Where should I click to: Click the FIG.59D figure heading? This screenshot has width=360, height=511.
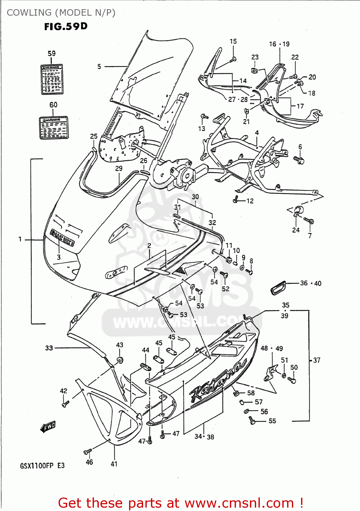[x=66, y=27]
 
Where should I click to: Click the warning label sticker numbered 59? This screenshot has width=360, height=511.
[x=52, y=79]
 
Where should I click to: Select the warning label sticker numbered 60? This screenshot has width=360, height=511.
[x=54, y=127]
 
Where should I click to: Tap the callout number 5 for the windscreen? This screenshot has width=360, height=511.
[x=99, y=66]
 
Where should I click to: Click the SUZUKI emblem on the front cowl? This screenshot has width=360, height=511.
[x=62, y=237]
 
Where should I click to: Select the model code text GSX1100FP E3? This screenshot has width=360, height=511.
[x=42, y=466]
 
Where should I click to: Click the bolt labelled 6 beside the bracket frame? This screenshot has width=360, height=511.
[x=299, y=160]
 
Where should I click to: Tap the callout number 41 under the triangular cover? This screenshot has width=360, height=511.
[x=114, y=464]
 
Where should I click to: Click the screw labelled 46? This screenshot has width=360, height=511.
[x=88, y=452]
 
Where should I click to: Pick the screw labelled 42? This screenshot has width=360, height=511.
[x=65, y=404]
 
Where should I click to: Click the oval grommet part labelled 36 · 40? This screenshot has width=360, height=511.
[x=279, y=288]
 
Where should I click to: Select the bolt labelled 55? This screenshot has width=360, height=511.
[x=252, y=421]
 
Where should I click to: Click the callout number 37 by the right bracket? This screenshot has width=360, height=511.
[x=317, y=360]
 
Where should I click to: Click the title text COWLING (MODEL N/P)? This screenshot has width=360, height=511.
[x=61, y=13]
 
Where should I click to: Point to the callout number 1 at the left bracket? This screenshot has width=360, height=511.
[x=20, y=239]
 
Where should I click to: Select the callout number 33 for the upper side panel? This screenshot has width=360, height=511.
[x=49, y=348]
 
